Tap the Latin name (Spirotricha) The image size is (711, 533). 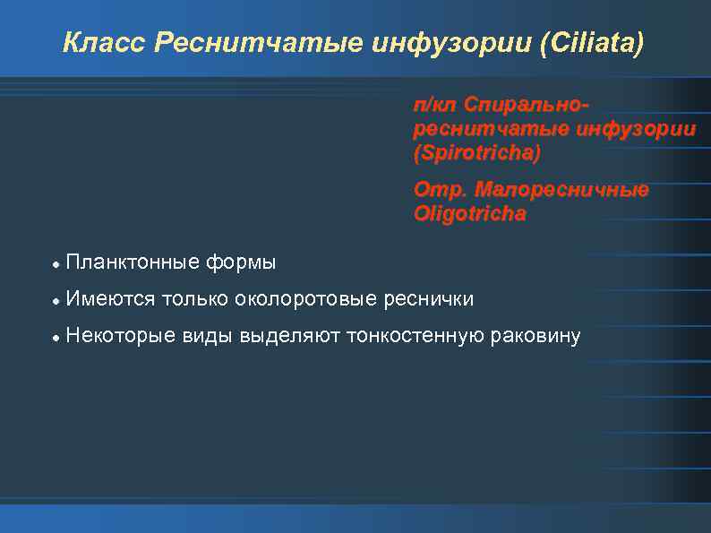(x=476, y=153)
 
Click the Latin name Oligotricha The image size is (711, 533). (x=469, y=215)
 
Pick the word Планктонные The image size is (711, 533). (x=133, y=262)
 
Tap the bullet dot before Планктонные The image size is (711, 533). (x=56, y=264)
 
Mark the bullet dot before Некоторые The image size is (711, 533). (x=56, y=338)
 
